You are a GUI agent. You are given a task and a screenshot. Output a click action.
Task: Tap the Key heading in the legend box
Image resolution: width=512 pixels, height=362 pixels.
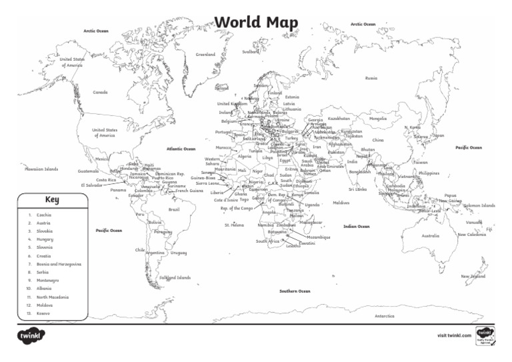click(53, 199)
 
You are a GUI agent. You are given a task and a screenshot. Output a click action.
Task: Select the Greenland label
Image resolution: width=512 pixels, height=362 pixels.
click(205, 54)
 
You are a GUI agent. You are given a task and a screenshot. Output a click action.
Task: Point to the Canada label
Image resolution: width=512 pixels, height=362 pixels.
click(100, 92)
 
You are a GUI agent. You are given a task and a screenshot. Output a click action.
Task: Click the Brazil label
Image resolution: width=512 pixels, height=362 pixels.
click(174, 209)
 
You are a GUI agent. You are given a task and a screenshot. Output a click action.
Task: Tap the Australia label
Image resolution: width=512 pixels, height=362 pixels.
click(431, 235)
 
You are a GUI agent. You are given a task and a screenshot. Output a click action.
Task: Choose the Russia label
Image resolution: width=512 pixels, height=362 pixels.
click(371, 78)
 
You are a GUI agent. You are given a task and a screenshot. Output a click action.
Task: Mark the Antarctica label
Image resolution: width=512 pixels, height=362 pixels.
click(385, 315)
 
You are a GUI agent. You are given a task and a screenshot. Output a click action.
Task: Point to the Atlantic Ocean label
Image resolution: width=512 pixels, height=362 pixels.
click(181, 149)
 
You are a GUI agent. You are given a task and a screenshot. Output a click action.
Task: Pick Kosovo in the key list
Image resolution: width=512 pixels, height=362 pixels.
click(44, 313)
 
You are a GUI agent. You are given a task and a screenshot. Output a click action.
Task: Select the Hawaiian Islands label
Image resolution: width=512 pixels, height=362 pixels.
click(41, 169)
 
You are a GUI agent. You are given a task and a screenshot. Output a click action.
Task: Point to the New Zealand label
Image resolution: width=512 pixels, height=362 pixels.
click(473, 275)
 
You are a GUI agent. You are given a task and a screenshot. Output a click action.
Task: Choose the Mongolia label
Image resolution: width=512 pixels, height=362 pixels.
click(377, 119)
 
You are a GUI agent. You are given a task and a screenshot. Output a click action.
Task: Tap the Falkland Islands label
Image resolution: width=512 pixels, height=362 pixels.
click(175, 277)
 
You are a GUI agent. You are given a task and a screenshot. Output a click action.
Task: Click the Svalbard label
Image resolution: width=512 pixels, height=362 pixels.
click(251, 51)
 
